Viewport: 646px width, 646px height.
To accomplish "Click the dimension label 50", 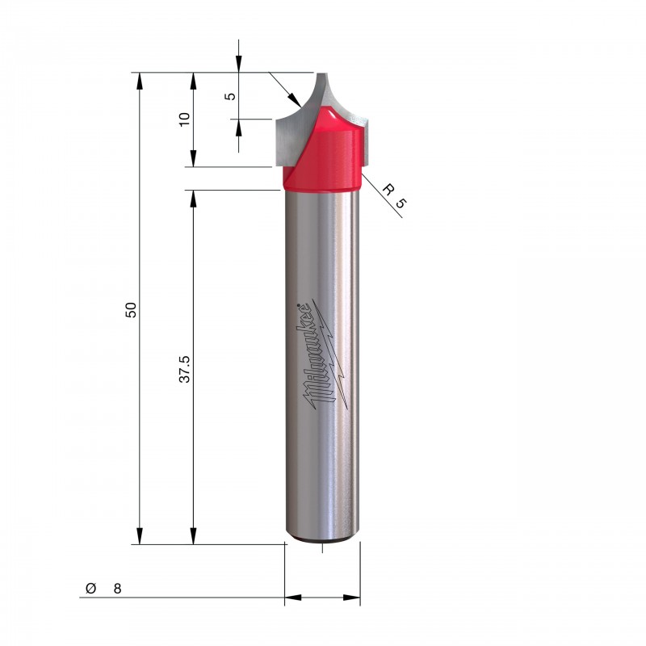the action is (131, 310).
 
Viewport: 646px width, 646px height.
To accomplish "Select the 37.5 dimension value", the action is (185, 369).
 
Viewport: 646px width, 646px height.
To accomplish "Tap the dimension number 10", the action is (184, 119).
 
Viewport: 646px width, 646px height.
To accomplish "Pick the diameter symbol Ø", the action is (90, 588).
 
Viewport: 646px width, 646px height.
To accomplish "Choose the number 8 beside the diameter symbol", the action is (117, 589).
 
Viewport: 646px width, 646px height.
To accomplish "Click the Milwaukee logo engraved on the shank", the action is (325, 354).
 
